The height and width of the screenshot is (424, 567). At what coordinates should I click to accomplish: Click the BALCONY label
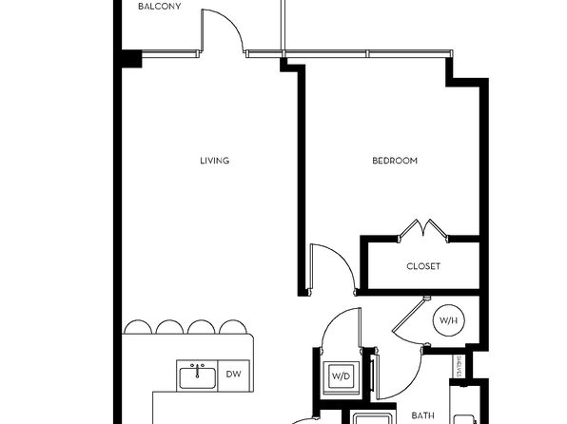pos(160,6)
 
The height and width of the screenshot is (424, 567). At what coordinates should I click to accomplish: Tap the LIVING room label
pos(215,161)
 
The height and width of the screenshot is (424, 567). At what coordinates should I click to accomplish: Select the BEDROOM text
pos(395,161)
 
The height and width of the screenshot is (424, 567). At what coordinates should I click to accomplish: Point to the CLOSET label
pos(423,266)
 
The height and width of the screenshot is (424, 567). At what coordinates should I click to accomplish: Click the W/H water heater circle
pos(449,320)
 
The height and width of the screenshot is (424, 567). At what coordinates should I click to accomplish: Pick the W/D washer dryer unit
pos(341,376)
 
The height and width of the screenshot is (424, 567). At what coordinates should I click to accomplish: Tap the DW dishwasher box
pos(234,375)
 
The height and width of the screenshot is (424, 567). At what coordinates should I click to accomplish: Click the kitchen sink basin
pos(197,378)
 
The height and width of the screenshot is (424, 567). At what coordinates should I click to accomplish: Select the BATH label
pos(423,415)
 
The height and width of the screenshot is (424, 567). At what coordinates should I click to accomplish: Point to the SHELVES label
pos(459,367)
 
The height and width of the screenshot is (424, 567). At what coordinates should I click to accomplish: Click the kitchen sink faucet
pos(197,370)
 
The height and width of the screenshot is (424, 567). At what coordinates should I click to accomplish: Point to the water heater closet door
pos(408,315)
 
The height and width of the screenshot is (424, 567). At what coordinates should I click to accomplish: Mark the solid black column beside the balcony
pos(131,59)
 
